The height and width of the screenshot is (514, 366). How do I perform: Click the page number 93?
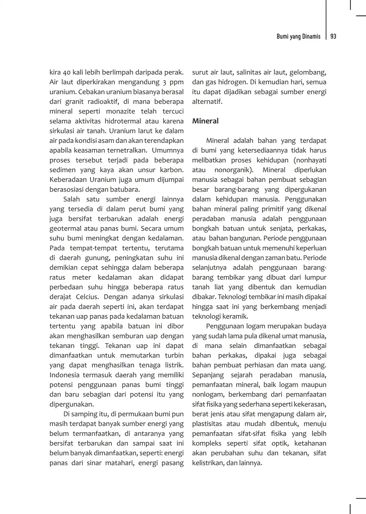coord(333,36)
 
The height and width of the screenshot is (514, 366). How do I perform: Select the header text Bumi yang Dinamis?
coord(298,36)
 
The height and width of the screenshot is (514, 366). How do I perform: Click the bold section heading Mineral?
coord(205,121)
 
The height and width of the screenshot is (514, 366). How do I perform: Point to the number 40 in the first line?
coord(66,72)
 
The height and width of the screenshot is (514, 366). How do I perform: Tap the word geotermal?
coord(65,228)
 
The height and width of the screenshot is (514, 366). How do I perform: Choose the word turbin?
coord(174,355)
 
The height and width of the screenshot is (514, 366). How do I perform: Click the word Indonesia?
coord(64,375)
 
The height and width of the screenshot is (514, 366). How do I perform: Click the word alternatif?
coord(207,101)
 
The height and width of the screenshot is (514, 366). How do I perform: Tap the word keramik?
coord(234,316)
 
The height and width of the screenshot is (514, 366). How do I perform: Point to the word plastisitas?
coord(207,424)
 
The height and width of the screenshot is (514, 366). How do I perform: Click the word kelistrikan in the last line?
coord(208,463)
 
